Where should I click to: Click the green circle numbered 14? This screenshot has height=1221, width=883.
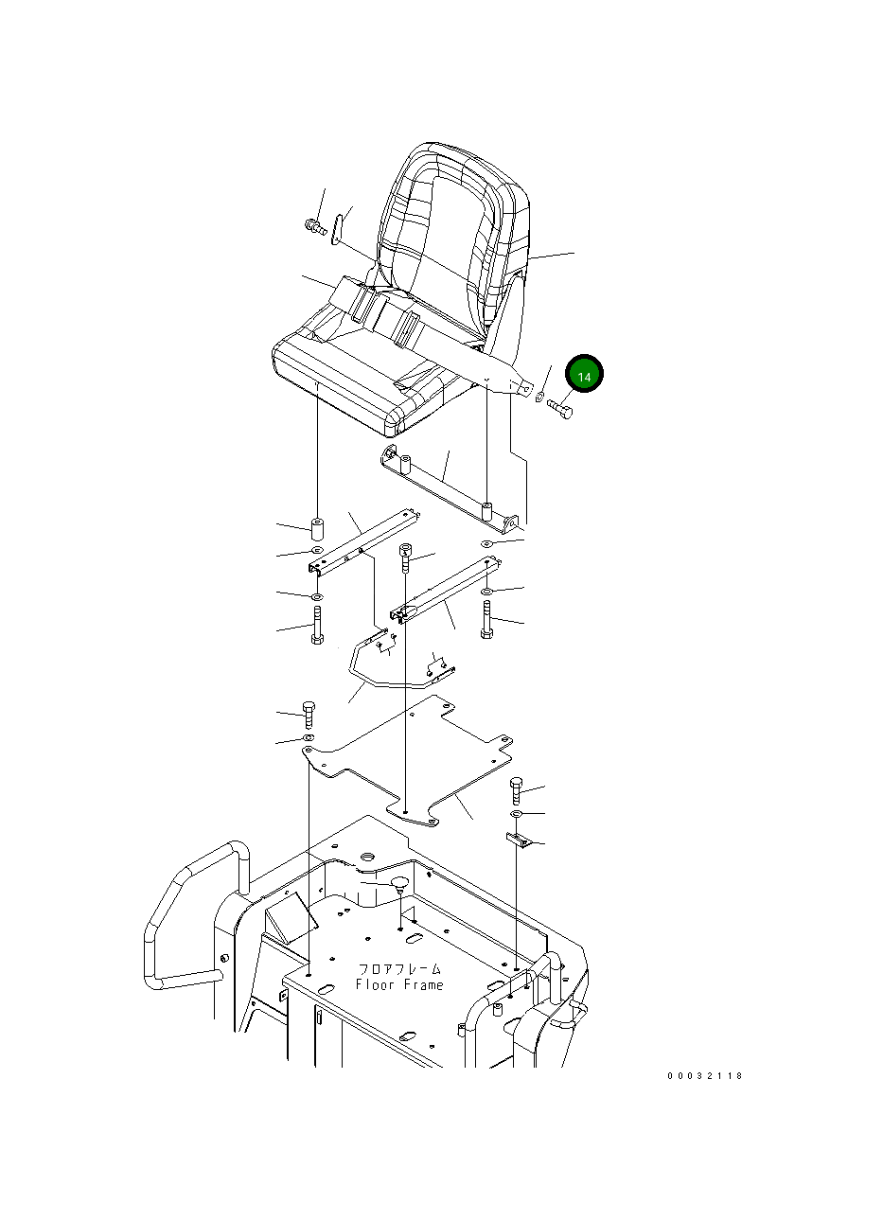584,373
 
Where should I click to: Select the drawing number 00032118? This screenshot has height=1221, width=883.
705,1075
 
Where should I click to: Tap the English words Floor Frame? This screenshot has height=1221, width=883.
399,985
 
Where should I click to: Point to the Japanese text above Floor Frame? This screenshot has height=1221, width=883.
399,968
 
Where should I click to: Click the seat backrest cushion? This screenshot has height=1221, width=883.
454,235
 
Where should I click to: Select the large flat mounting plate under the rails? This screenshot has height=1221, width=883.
408,762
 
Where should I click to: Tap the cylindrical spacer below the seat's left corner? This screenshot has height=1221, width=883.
317,529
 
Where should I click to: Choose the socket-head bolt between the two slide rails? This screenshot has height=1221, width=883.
405,557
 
